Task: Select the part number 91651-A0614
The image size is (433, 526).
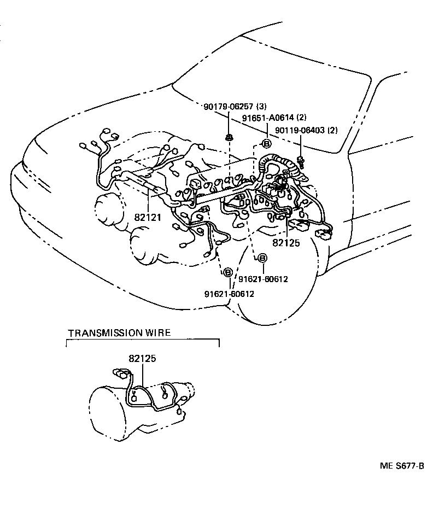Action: point(266,118)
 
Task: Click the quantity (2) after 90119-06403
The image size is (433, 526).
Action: point(332,130)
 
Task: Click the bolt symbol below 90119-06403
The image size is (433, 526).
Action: point(300,160)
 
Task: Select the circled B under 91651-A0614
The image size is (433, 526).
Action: point(267,144)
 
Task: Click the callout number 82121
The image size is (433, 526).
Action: point(148,217)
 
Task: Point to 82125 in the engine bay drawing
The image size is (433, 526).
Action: point(286,242)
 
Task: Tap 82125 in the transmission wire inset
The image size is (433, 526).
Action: point(143,359)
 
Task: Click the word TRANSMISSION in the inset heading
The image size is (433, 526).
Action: point(102,332)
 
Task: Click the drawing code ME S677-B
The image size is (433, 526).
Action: point(402,466)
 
